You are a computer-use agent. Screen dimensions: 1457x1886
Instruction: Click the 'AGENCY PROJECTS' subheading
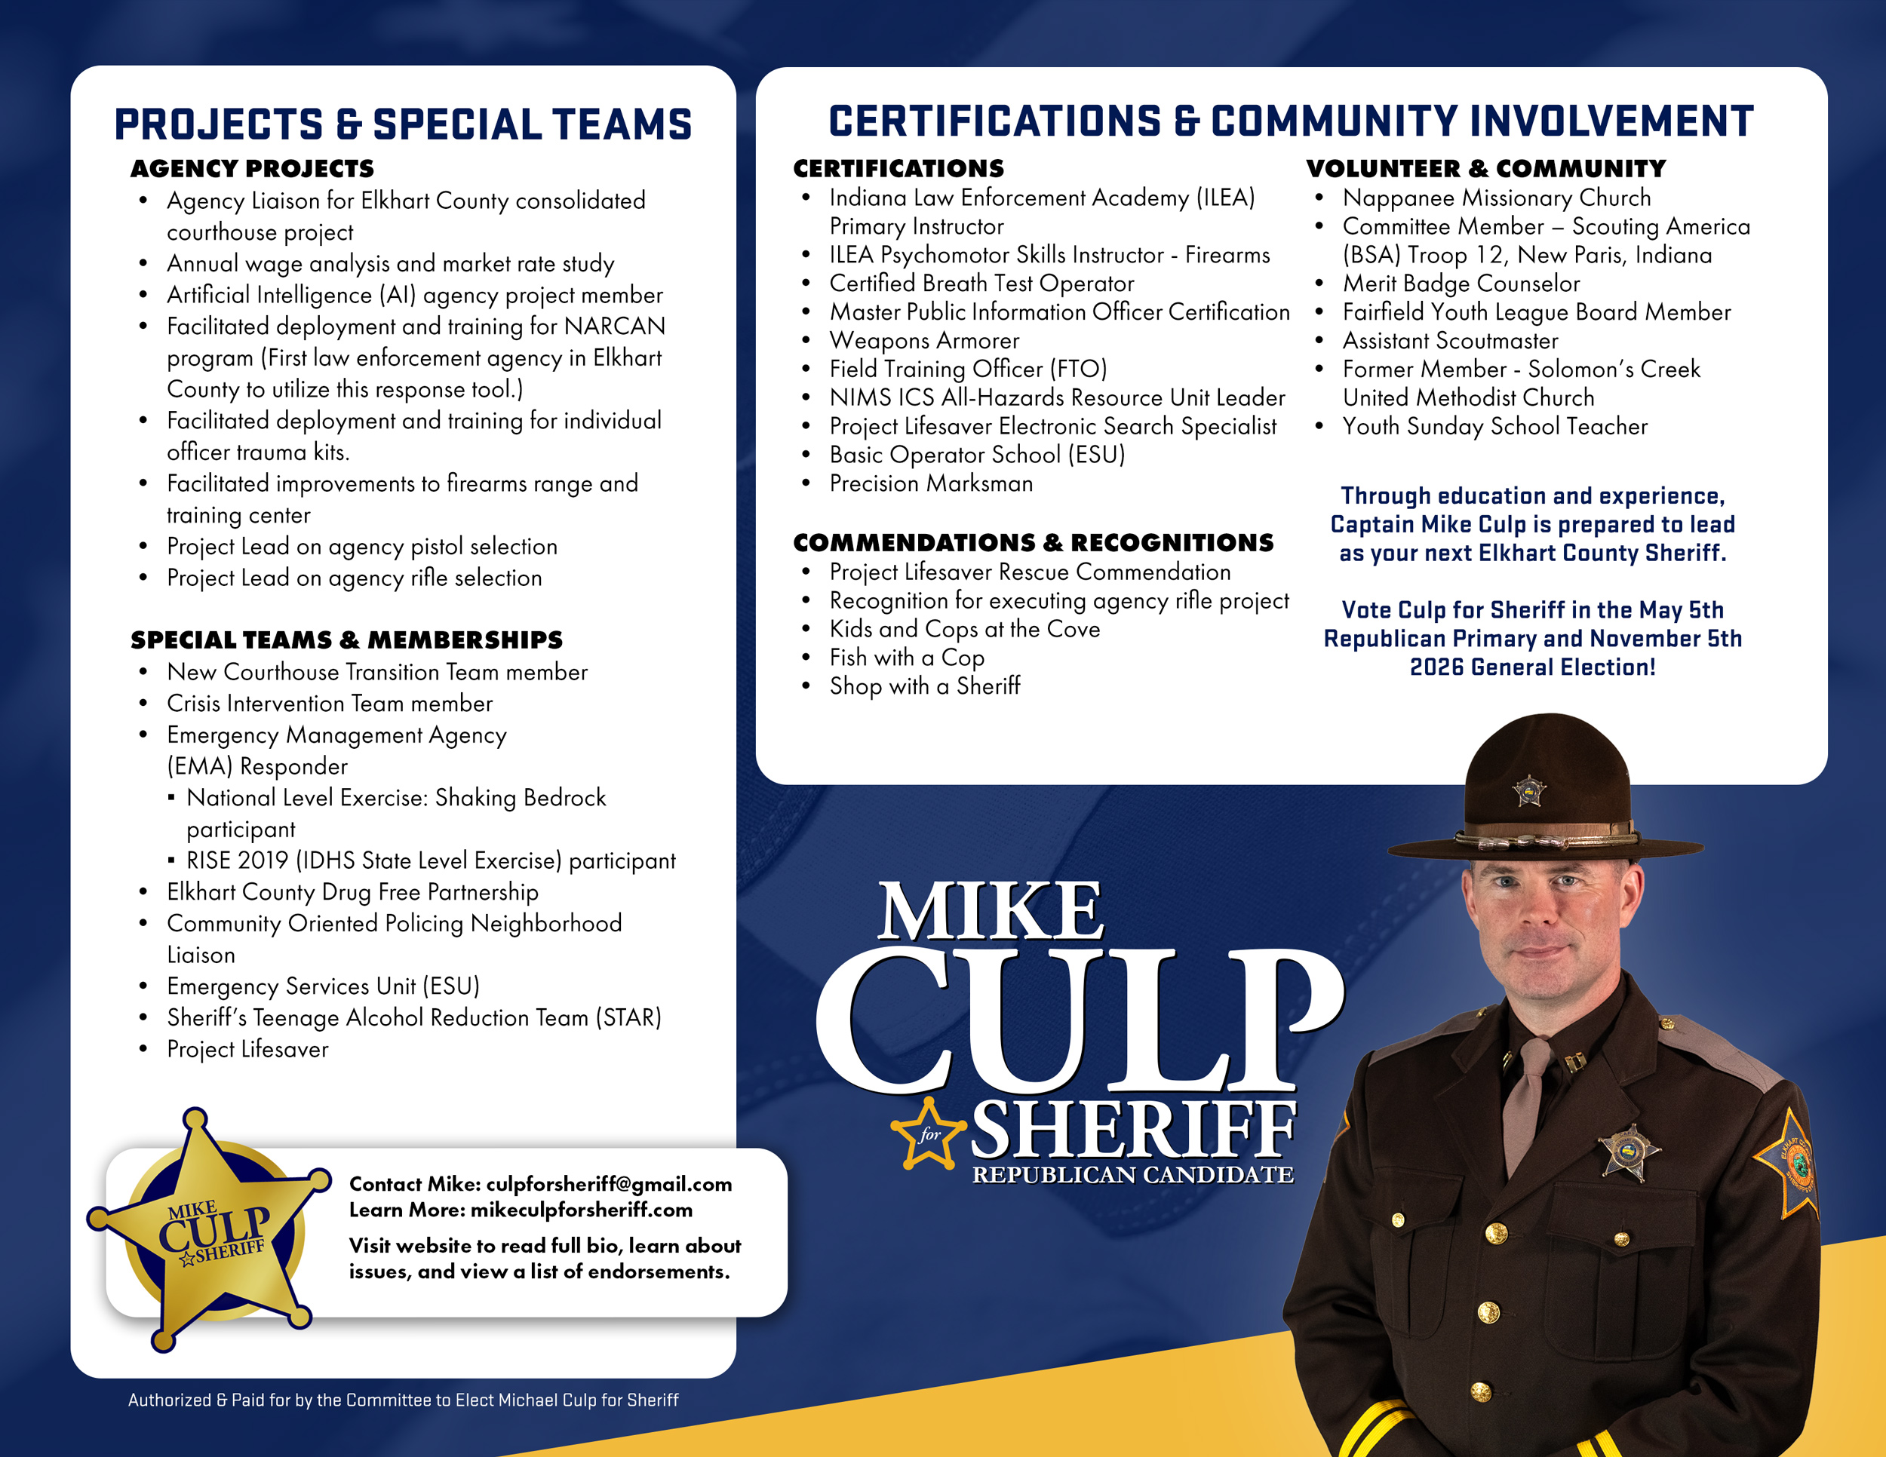click(x=252, y=168)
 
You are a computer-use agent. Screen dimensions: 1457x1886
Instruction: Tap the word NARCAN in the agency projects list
click(x=614, y=327)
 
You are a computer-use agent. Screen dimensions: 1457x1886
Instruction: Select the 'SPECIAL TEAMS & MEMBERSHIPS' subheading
click(x=346, y=640)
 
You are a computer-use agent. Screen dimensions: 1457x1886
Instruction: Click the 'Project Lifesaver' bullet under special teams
click(x=248, y=1050)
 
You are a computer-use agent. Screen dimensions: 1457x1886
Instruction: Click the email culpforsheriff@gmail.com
click(x=609, y=1184)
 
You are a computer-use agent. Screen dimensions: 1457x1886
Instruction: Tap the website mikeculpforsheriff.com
click(x=581, y=1210)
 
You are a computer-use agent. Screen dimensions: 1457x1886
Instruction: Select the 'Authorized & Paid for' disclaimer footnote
click(x=404, y=1400)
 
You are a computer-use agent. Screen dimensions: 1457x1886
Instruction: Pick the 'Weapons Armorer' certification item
click(x=924, y=341)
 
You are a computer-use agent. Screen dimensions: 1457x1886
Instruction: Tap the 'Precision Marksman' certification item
click(x=931, y=483)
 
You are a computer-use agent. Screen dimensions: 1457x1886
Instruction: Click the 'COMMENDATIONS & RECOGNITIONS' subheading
click(x=1033, y=543)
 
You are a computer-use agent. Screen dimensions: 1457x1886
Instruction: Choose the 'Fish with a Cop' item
click(x=907, y=658)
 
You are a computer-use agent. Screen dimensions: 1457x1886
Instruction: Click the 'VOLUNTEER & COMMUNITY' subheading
click(x=1485, y=168)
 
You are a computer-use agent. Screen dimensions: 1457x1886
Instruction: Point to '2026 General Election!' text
click(x=1533, y=667)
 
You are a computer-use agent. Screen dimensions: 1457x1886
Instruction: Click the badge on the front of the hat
click(x=1529, y=790)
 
